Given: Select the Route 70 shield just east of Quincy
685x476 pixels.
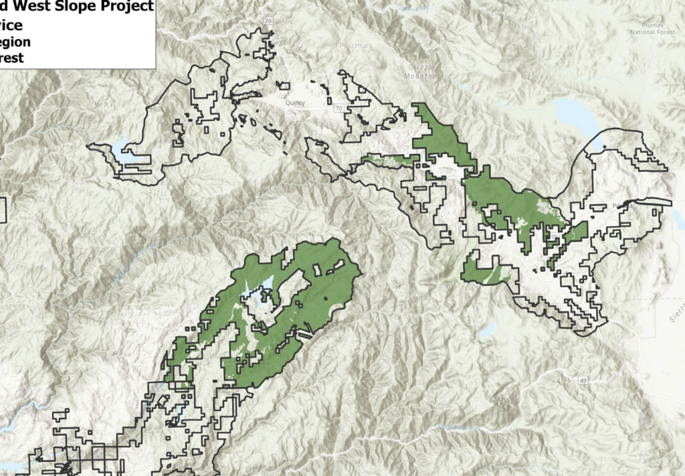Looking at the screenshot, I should [x=339, y=108].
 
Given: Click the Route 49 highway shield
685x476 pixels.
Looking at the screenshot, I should [x=583, y=380].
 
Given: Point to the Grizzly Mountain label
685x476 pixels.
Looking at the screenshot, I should [x=425, y=72].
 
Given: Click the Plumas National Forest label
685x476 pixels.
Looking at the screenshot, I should [x=653, y=28].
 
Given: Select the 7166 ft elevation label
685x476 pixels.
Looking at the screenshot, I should [x=100, y=104].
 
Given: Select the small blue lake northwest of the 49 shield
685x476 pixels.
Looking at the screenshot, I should [x=487, y=331].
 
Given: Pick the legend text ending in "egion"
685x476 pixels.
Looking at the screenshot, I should [x=15, y=42].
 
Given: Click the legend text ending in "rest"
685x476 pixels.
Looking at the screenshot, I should [x=12, y=58].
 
